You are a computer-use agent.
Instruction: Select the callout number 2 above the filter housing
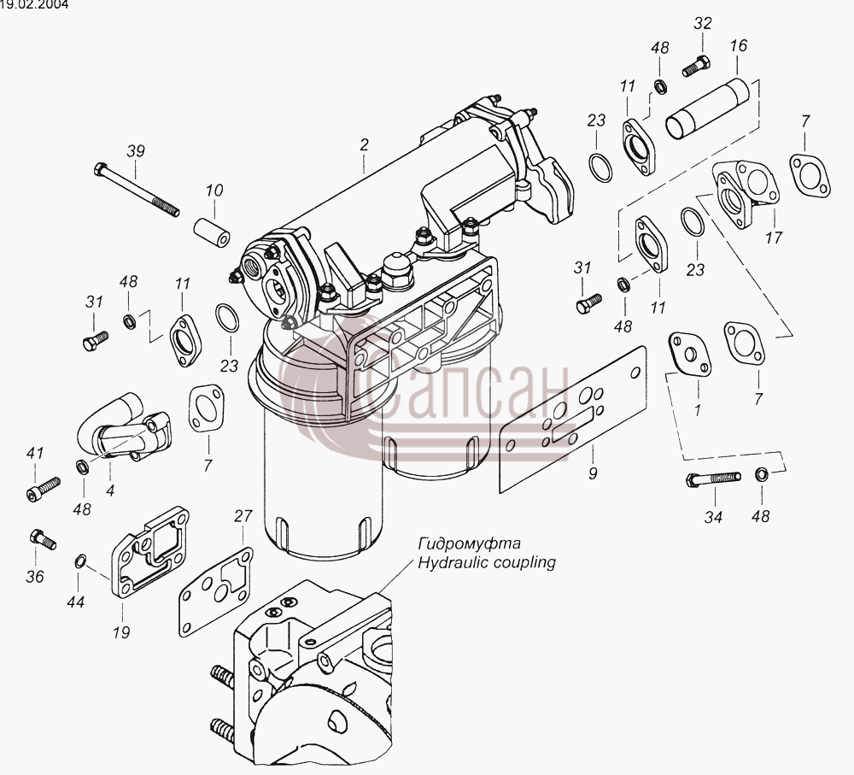[364, 144]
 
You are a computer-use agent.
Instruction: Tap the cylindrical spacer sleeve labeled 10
[212, 232]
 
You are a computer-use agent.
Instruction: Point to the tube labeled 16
[707, 109]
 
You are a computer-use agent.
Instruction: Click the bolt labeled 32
[696, 66]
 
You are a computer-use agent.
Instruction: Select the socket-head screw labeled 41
[43, 488]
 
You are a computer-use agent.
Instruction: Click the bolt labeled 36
[43, 538]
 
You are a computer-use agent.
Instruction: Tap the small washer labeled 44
[79, 561]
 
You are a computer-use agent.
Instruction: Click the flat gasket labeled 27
[215, 591]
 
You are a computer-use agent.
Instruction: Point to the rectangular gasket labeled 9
[572, 419]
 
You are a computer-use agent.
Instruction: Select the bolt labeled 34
[713, 479]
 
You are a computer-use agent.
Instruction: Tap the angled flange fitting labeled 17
[746, 193]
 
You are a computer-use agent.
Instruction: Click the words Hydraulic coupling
[487, 562]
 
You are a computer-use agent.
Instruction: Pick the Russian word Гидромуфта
[469, 543]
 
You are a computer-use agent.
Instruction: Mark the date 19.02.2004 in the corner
[34, 5]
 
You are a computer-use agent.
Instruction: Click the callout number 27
[243, 516]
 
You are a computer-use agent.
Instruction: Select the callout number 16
[739, 45]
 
